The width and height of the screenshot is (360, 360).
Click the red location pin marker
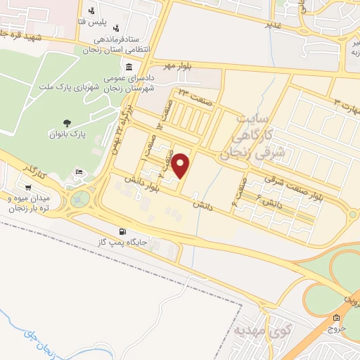(181, 165)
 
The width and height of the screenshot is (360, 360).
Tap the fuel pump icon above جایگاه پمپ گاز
(124, 231)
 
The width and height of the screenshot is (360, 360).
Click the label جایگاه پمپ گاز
(125, 243)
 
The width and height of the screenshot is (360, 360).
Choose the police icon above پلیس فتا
(91, 10)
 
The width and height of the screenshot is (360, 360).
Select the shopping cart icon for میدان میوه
(27, 187)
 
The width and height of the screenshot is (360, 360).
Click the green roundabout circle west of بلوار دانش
(81, 199)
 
